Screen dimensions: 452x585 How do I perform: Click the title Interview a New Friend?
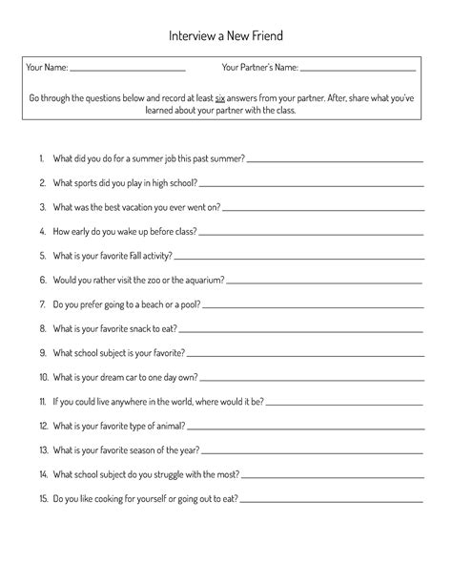[x=226, y=35]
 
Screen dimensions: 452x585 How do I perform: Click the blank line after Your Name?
[x=128, y=71]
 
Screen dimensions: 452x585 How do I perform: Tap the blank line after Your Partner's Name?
[x=358, y=71]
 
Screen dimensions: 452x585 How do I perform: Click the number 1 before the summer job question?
[x=43, y=157]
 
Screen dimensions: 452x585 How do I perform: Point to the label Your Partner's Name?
[x=259, y=68]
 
